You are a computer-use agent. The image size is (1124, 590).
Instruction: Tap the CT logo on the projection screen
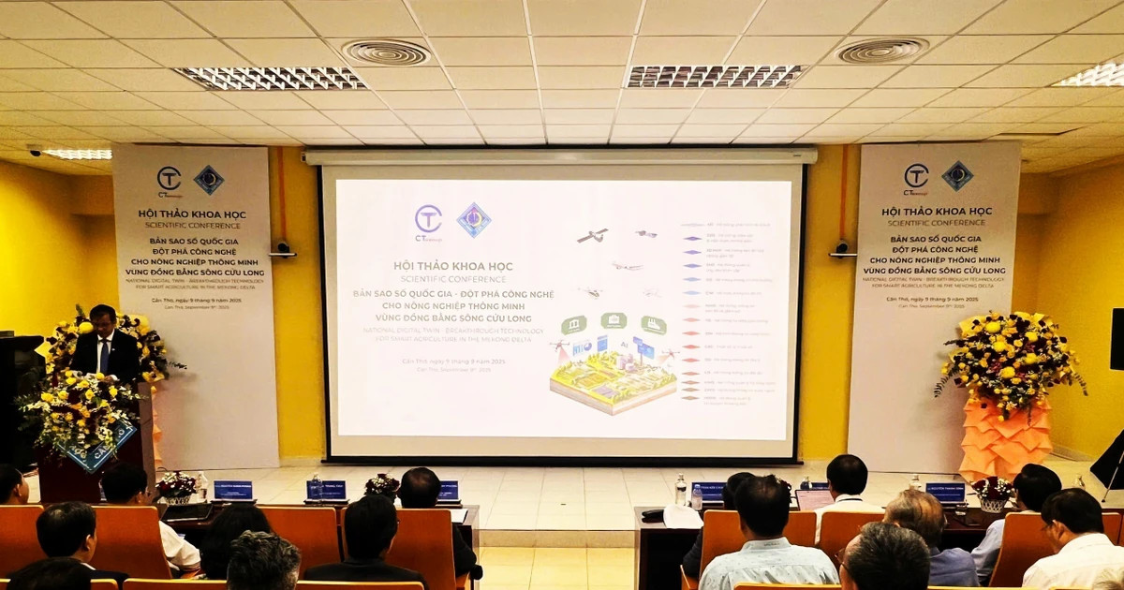pyautogui.click(x=428, y=221)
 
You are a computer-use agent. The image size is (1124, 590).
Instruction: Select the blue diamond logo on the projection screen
pyautogui.click(x=474, y=220)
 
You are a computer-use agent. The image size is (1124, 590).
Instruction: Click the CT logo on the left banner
pyautogui.click(x=169, y=179)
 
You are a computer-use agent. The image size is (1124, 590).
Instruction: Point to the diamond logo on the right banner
pyautogui.click(x=957, y=175)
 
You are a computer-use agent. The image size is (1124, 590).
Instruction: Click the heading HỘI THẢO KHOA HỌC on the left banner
pyautogui.click(x=192, y=214)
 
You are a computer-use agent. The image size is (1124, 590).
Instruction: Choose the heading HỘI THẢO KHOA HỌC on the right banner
pyautogui.click(x=938, y=211)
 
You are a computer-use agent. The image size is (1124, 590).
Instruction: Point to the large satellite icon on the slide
pyautogui.click(x=592, y=235)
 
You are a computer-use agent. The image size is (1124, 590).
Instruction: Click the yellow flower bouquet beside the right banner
pyautogui.click(x=1009, y=358)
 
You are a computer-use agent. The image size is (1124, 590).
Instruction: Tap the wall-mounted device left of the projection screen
pyautogui.click(x=282, y=249)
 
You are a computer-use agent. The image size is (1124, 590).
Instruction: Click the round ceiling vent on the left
pyautogui.click(x=385, y=52)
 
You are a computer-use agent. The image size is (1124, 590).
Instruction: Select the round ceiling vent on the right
pyautogui.click(x=881, y=51)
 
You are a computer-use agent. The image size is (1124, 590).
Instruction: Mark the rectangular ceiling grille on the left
pyautogui.click(x=271, y=78)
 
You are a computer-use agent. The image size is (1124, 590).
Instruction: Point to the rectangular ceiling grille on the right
pyautogui.click(x=715, y=76)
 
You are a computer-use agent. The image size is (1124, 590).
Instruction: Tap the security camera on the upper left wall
pyautogui.click(x=35, y=150)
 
